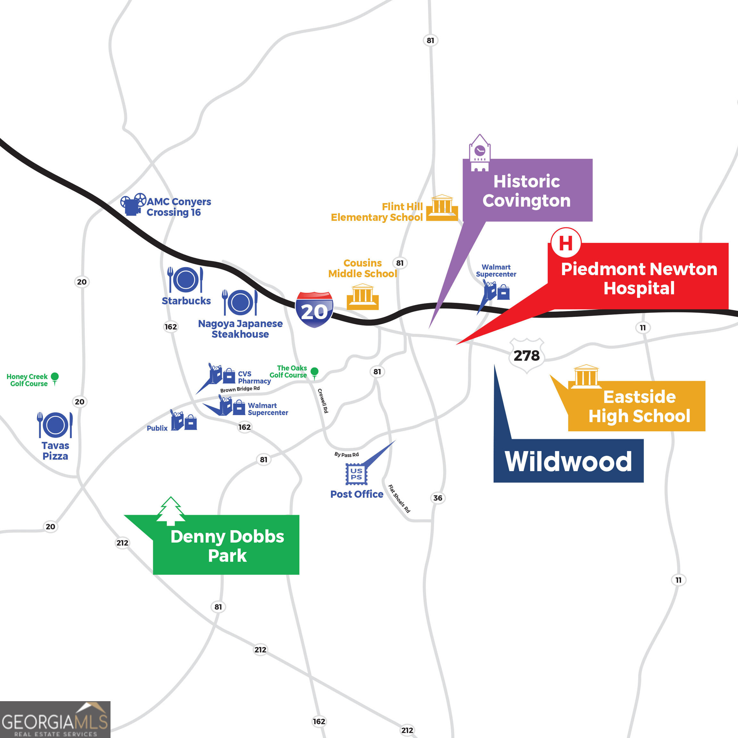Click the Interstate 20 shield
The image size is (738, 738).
coord(314,309)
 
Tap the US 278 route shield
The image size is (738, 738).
coord(526,355)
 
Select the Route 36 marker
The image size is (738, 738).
coord(438,498)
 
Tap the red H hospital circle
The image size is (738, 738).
coord(566,242)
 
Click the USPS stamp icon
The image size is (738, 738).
coord(356,474)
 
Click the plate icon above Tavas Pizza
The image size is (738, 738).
coord(55,425)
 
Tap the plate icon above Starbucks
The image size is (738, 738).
coord(185,280)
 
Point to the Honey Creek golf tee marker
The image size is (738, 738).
coord(55,378)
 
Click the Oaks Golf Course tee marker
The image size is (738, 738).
coord(314,373)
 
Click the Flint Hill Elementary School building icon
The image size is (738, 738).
coord(442,208)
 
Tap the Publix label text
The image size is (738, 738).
coord(157,428)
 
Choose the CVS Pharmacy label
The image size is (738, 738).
coord(254,377)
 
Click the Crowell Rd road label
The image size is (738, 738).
coord(323,400)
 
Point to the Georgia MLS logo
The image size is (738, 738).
coord(55,720)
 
